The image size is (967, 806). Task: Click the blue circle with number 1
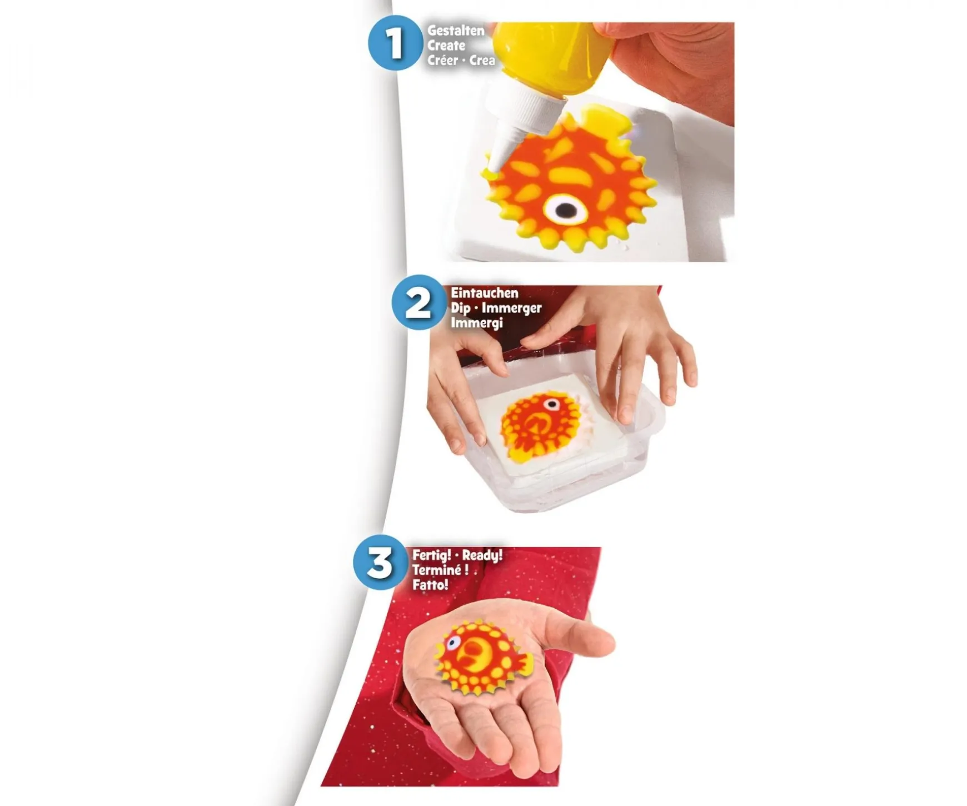pos(395,43)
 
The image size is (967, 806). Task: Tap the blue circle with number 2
pos(418,303)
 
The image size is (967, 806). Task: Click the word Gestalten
pos(456,31)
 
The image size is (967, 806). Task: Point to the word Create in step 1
pos(446,46)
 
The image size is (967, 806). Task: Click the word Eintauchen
pos(485,293)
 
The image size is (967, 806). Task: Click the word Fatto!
pos(430,585)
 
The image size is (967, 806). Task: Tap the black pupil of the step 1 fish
pos(566,210)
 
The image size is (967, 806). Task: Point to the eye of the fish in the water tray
pos(551,403)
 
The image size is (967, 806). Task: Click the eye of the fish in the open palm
pos(453,643)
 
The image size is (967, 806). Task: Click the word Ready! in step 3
pos(482,555)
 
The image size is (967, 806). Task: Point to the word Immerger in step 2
pos(511,308)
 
